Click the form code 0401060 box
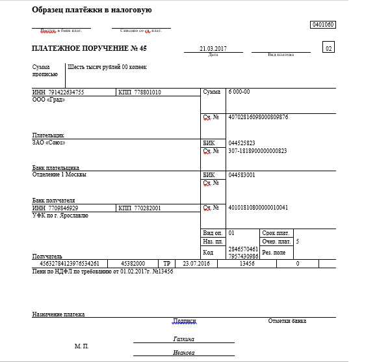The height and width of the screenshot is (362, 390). tap(323, 24)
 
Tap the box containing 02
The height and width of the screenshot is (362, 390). tap(329, 49)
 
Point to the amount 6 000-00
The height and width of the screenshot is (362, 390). tap(239, 92)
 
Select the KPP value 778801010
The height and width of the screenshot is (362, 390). tap(148, 92)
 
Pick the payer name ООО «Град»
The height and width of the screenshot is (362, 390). tap(49, 100)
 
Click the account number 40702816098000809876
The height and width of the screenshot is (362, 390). tap(259, 117)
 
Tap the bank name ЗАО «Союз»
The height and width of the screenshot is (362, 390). tap(49, 142)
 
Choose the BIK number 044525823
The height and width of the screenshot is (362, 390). tap(242, 143)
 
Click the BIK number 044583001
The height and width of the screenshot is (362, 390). tap(242, 175)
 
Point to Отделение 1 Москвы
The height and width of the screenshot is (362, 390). tap(59, 174)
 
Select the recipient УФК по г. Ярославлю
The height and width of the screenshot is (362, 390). tap(60, 215)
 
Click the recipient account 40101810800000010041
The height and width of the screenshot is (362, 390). tap(258, 208)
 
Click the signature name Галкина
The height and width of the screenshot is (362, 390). tap(185, 339)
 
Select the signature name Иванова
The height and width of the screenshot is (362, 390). tap(184, 353)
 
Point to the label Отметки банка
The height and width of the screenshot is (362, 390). tap(287, 321)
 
